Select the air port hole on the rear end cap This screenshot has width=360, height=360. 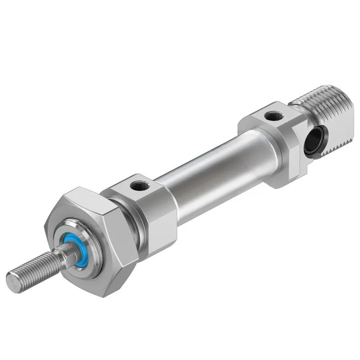(272, 117)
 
